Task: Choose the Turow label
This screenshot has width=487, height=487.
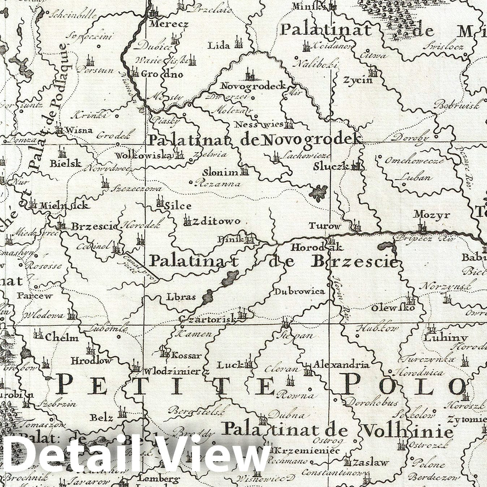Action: coord(324,227)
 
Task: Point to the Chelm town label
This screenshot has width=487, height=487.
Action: coord(62,338)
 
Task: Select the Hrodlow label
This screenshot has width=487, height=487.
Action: coord(91,361)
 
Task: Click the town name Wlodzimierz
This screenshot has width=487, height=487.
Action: coord(177,371)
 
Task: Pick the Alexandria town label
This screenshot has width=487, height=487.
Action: coord(341,364)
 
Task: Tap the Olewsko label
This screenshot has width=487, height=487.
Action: coord(393,308)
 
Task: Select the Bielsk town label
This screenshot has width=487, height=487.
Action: coord(66,163)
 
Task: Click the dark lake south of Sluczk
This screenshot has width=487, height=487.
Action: coord(318,193)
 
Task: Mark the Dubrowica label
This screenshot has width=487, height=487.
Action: coord(299,292)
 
